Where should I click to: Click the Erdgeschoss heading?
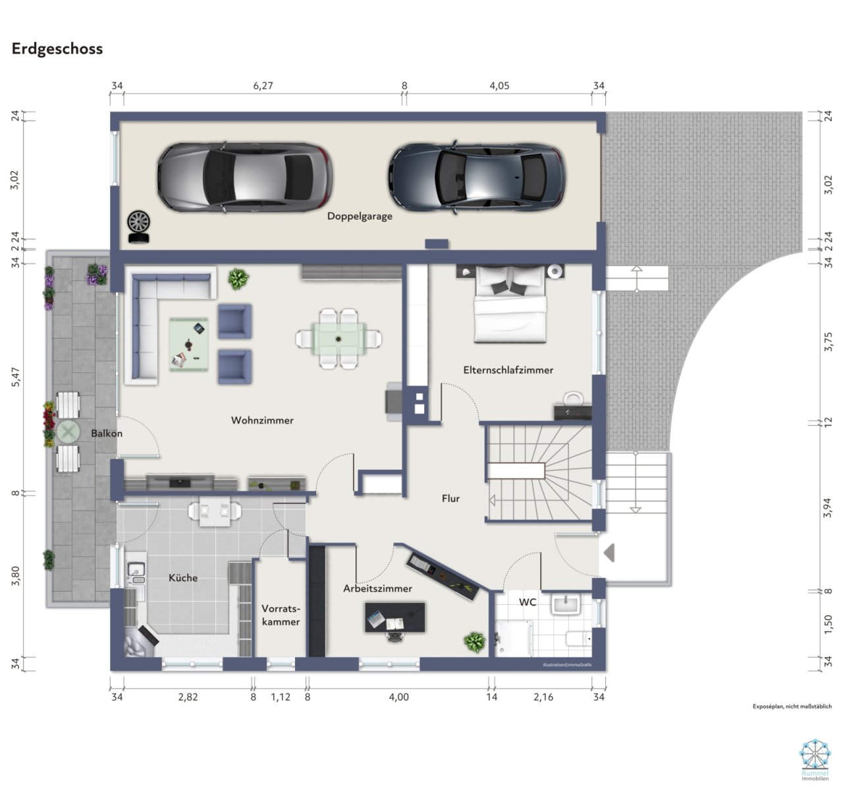(x=57, y=49)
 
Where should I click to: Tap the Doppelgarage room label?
(x=360, y=216)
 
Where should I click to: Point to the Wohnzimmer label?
(x=262, y=420)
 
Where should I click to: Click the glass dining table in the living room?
(x=339, y=338)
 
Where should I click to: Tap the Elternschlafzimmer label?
(x=508, y=370)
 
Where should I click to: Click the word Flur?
(x=450, y=499)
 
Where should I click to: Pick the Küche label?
(x=183, y=578)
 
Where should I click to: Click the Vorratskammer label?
(x=281, y=615)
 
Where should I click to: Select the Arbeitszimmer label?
(x=377, y=588)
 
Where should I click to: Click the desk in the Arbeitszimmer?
(x=395, y=618)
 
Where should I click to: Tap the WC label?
(x=528, y=602)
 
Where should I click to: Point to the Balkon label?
(x=107, y=434)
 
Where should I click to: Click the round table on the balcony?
(x=68, y=432)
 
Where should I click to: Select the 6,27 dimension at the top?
(x=263, y=86)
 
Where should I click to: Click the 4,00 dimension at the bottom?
(x=399, y=697)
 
